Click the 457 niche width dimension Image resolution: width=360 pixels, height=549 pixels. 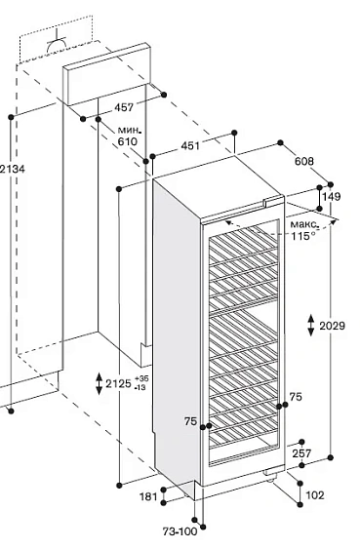(124, 107)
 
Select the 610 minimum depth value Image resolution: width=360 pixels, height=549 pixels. (127, 141)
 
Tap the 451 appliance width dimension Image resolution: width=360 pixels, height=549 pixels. (190, 145)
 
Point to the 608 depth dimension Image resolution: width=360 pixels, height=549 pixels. (304, 161)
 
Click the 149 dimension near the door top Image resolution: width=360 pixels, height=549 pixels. (332, 196)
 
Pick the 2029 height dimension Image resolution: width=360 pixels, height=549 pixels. (332, 326)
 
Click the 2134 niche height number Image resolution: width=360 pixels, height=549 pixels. (13, 169)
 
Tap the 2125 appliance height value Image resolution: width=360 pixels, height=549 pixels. (118, 384)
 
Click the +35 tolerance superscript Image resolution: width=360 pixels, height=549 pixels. (141, 378)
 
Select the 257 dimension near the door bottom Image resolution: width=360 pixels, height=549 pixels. (301, 453)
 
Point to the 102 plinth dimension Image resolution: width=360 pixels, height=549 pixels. (315, 495)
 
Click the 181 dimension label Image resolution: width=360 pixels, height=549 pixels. (149, 496)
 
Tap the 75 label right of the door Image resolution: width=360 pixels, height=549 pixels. (296, 397)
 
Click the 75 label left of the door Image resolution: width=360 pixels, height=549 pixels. (190, 421)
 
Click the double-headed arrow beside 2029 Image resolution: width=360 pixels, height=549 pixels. (311, 326)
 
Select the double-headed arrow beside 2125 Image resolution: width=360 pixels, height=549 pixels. (100, 384)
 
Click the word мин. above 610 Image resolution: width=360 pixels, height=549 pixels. (130, 131)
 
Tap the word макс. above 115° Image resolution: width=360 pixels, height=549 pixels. (305, 224)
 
